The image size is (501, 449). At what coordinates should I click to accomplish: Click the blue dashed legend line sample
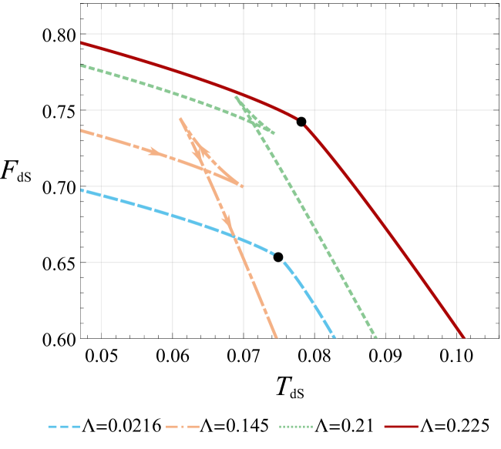point(64,426)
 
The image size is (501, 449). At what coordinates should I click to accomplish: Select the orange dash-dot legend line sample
point(183,426)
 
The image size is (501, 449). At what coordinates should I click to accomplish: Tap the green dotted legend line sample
point(296,426)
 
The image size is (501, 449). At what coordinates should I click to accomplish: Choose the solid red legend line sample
point(401,426)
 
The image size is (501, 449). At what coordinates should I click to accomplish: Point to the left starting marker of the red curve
point(79,42)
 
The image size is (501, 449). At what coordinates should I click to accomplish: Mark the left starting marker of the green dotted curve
point(79,65)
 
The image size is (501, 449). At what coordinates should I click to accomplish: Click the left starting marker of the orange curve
point(79,130)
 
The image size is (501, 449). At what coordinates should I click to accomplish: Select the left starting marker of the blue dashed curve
point(79,189)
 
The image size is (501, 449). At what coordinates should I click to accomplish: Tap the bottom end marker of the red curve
point(464,338)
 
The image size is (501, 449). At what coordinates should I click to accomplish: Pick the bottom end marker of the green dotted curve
point(376,338)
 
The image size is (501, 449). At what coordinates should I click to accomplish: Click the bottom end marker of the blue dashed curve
point(335,338)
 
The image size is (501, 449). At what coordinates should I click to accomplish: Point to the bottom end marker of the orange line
point(277,338)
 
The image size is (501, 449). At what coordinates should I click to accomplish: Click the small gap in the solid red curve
point(302,122)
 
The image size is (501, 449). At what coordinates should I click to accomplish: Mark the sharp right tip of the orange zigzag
point(243,186)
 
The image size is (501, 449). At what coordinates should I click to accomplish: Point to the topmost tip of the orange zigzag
point(180,118)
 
